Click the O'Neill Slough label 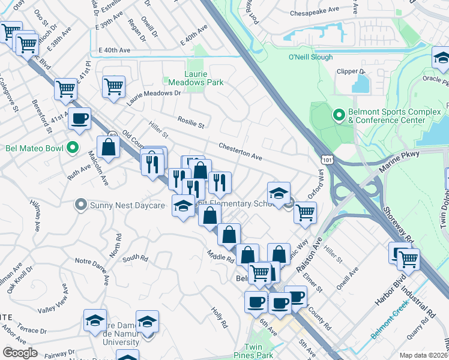coord(310,58)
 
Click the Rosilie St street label coord(191,122)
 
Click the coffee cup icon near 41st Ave coord(79,118)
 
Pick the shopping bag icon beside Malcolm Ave coord(108,148)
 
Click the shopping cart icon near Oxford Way coord(306,212)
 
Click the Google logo coord(20,353)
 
